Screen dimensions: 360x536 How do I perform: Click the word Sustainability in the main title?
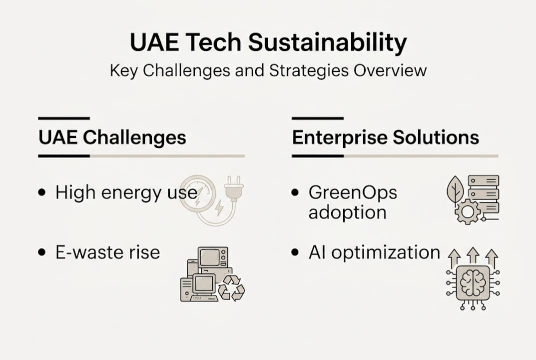click(x=327, y=43)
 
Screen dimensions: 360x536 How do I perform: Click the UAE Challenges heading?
click(x=112, y=137)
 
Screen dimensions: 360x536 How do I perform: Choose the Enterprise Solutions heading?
click(x=385, y=137)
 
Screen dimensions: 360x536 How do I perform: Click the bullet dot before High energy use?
click(x=42, y=192)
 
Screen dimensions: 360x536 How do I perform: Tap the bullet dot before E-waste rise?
click(x=42, y=252)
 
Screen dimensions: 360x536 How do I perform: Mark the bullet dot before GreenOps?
click(x=295, y=192)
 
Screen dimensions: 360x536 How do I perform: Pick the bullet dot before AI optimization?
click(x=295, y=252)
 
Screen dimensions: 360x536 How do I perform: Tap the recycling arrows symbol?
click(x=231, y=288)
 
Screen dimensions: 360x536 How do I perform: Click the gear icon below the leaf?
click(x=467, y=212)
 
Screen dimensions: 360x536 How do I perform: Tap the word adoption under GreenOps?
click(x=347, y=212)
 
